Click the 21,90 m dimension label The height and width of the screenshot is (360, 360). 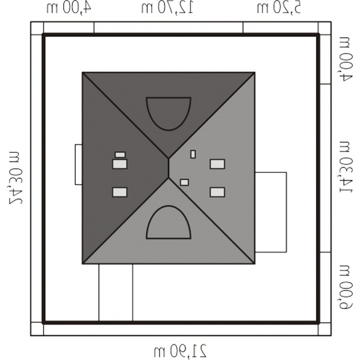[180, 350]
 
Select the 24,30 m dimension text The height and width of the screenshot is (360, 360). [16, 178]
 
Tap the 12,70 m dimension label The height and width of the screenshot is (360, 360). [167, 8]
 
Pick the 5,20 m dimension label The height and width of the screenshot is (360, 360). [279, 8]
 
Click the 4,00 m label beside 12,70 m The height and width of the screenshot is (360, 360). [69, 8]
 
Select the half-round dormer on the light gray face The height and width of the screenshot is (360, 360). [169, 222]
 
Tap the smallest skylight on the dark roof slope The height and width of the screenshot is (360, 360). [120, 155]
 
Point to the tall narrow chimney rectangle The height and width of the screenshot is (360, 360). [193, 154]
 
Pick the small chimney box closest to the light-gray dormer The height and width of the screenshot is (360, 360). [184, 182]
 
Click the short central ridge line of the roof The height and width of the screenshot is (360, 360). [169, 168]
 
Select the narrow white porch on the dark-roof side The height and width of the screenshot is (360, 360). [79, 164]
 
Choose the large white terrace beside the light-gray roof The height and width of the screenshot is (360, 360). [271, 212]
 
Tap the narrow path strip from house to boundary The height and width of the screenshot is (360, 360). [116, 293]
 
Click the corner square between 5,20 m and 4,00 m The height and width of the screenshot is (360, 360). [325, 28]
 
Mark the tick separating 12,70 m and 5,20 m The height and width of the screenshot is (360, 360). [243, 28]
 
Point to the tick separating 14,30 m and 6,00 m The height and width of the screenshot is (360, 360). [325, 253]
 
